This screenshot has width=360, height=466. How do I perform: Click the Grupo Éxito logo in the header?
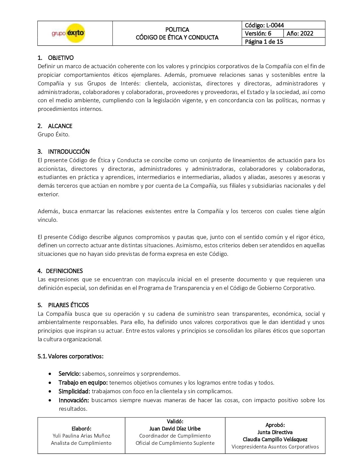(x=68, y=33)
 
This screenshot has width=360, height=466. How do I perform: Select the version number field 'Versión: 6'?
(x=258, y=33)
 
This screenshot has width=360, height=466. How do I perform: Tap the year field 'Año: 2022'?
(x=300, y=33)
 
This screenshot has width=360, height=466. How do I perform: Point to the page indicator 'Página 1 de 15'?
(x=264, y=42)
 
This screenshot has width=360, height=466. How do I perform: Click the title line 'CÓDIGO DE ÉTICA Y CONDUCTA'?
(x=177, y=37)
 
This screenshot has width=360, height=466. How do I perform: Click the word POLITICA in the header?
(x=177, y=29)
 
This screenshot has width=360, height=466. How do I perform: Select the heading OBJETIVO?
(x=61, y=58)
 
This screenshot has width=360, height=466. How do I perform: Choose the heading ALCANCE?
(x=60, y=126)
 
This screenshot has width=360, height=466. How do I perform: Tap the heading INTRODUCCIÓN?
(x=69, y=152)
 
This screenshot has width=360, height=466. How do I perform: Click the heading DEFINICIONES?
(x=64, y=271)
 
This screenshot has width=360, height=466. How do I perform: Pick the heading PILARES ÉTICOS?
(x=68, y=305)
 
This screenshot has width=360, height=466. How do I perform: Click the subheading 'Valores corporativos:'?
(x=75, y=356)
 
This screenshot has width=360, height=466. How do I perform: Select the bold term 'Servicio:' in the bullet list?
(x=69, y=374)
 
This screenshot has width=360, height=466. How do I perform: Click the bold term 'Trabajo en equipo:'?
(x=83, y=383)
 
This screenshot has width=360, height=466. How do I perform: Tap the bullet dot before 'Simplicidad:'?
(x=50, y=392)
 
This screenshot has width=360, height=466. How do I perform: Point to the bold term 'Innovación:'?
(x=74, y=400)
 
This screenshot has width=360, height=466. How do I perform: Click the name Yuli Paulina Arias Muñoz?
(x=81, y=436)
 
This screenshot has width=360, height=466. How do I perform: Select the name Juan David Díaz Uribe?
(x=175, y=429)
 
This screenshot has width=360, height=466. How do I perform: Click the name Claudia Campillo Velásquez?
(x=275, y=440)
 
